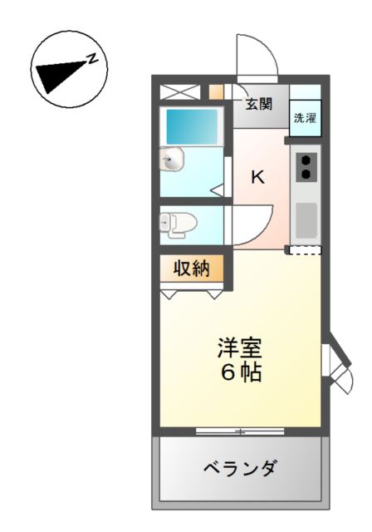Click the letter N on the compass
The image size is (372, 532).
coord(94,58)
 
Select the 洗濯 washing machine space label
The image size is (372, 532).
coord(305,117)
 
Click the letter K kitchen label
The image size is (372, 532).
coord(258,177)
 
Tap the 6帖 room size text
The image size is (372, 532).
coord(241,372)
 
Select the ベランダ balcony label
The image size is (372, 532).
coord(241,468)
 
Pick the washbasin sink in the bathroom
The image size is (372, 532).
coord(172,160)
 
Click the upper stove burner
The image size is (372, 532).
coord(305,159)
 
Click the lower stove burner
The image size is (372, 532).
coord(305,174)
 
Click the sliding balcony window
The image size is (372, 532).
coord(239,431)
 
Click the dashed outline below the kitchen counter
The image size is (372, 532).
coord(305,250)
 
